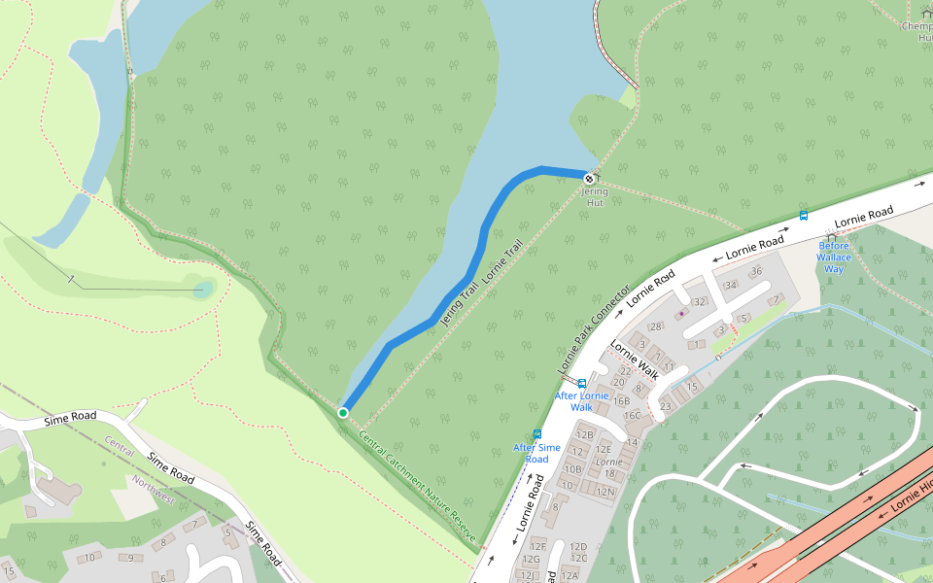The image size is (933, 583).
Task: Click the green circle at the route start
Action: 343,413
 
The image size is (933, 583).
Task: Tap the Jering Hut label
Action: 594,197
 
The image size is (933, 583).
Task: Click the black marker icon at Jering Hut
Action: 590,179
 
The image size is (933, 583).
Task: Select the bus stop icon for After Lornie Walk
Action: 582,384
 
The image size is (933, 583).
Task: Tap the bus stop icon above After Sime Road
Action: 536,434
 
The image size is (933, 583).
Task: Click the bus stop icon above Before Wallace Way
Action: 804,216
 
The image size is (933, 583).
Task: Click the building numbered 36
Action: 756,270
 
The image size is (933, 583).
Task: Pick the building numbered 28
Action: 656,326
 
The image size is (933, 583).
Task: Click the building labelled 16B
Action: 622,400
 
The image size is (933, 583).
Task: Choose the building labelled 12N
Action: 605,492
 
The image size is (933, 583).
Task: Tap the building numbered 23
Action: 665,406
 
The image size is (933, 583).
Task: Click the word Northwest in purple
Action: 154,490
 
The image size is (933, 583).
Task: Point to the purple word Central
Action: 119,448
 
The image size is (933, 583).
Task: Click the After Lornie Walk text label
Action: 581,401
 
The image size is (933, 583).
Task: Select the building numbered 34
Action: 731,285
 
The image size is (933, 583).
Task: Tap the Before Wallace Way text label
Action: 834,257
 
